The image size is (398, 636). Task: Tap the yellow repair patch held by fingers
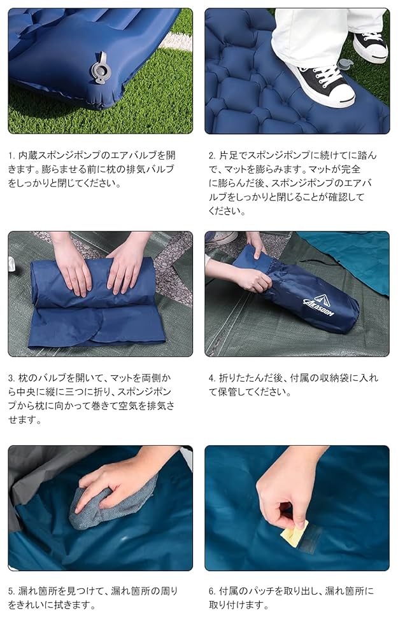click(294, 531)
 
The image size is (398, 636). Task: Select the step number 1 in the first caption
click(11, 155)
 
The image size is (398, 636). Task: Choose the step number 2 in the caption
click(211, 155)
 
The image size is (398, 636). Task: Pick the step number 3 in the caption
click(11, 378)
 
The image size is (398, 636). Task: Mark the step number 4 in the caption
click(211, 378)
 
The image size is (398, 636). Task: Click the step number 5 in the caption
click(11, 591)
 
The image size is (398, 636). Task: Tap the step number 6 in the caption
click(211, 591)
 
